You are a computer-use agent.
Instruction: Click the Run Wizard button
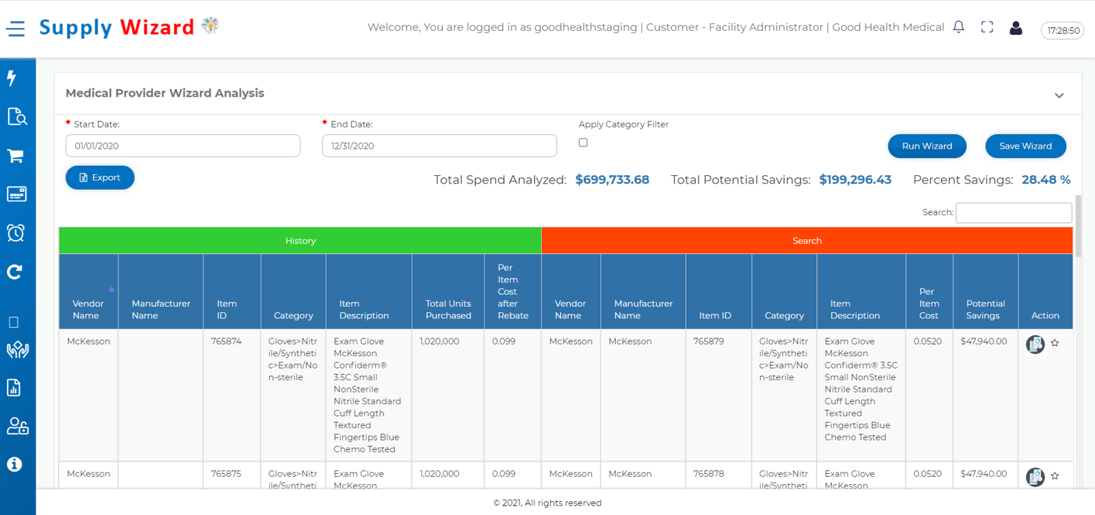point(927,146)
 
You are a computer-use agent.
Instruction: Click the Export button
point(100,177)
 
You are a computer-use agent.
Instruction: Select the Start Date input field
point(183,146)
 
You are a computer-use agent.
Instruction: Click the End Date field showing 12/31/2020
point(439,146)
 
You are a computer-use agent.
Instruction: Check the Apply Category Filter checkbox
point(583,142)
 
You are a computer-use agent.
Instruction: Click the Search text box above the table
point(1013,213)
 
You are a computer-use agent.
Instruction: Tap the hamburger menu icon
point(16,28)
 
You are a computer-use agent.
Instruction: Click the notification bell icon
point(958,27)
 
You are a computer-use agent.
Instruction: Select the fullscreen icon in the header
point(987,27)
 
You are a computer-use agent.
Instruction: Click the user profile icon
point(1016,27)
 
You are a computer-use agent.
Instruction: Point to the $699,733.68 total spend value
point(612,180)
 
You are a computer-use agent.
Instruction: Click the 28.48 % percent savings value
point(1046,180)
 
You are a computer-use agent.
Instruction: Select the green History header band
point(300,241)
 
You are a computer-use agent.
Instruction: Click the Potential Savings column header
point(985,310)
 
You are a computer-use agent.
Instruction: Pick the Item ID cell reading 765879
point(708,341)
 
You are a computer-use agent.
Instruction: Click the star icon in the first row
point(1055,343)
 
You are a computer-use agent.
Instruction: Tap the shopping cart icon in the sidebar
point(16,155)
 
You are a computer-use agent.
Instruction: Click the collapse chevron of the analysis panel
point(1059,95)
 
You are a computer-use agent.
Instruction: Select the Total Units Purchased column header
point(448,310)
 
